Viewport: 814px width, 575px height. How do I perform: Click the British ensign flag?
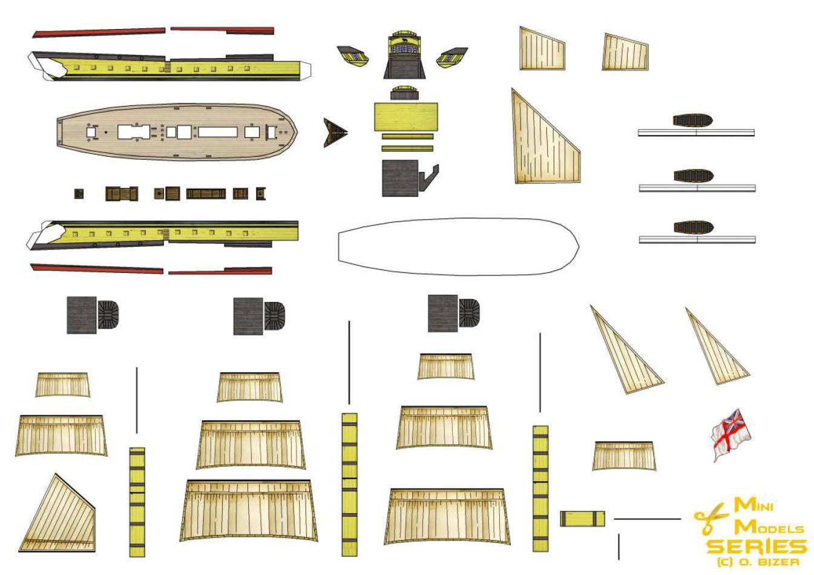click(x=730, y=433)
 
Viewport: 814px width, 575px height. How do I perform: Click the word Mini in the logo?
click(x=753, y=505)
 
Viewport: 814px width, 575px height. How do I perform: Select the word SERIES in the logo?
click(x=757, y=547)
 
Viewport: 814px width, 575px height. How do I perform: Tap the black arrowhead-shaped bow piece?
click(x=334, y=133)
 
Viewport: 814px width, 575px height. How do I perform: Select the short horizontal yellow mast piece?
click(x=582, y=519)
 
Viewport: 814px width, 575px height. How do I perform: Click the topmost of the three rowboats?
click(x=692, y=120)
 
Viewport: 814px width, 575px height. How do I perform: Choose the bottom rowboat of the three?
click(x=694, y=228)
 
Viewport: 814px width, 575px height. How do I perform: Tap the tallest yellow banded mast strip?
click(x=349, y=484)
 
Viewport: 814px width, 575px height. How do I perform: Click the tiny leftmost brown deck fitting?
click(x=79, y=194)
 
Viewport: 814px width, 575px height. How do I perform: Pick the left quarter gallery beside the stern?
click(x=353, y=57)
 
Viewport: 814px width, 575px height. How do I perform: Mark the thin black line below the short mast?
click(x=619, y=547)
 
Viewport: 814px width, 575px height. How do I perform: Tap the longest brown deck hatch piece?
click(x=206, y=194)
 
